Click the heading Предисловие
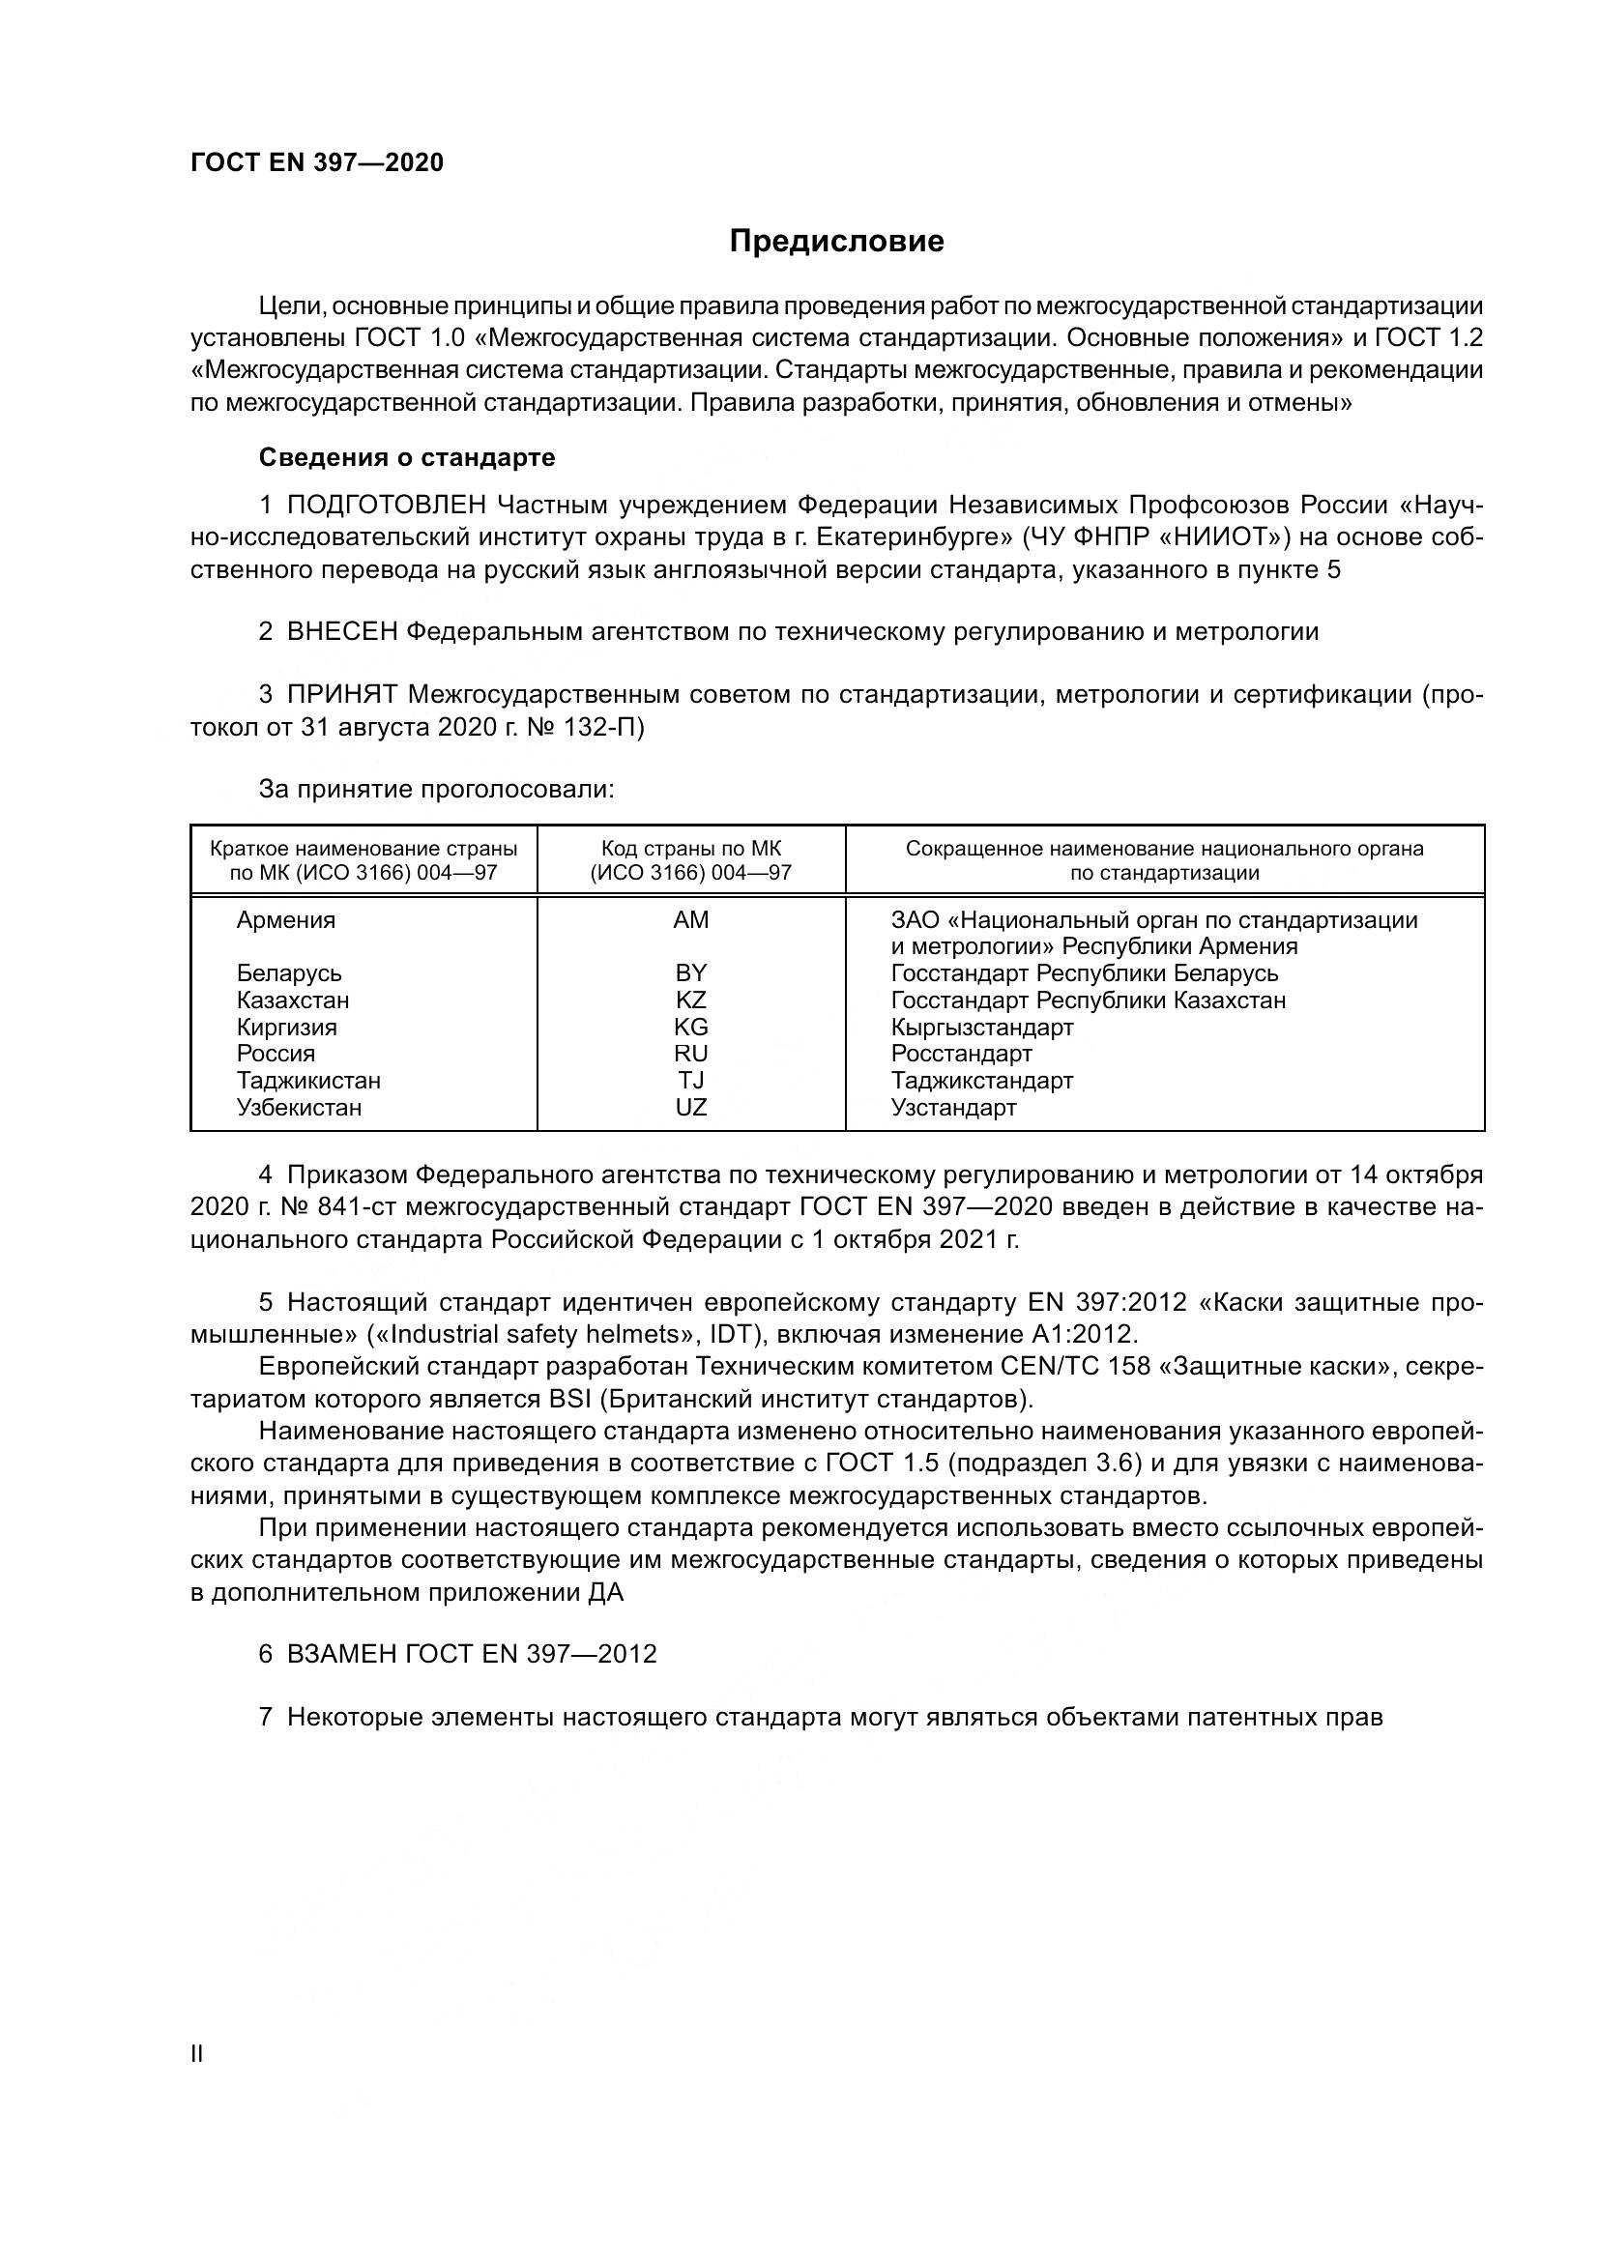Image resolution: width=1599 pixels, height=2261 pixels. tap(836, 242)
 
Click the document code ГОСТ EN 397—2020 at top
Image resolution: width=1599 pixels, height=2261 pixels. tap(317, 162)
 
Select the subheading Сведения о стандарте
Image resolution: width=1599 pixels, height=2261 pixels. tap(407, 457)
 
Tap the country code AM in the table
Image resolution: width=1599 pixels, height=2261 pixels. tap(690, 919)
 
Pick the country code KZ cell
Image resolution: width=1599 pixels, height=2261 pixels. tap(690, 1000)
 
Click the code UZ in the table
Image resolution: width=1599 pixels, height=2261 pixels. tap(690, 1107)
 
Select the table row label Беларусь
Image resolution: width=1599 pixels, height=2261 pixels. tap(288, 973)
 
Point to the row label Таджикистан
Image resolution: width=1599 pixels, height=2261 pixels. tap(308, 1081)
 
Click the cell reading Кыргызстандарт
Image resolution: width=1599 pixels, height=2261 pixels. tap(981, 1028)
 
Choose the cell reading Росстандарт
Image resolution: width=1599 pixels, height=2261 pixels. tap(961, 1054)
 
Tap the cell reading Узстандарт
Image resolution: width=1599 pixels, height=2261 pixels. tap(953, 1107)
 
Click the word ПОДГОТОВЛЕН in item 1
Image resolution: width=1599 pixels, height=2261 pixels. tap(386, 506)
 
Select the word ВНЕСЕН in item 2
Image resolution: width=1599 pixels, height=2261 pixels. tap(341, 631)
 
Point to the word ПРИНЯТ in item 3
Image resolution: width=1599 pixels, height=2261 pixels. tap(341, 694)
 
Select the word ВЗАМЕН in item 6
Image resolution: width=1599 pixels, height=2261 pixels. tap(341, 1653)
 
